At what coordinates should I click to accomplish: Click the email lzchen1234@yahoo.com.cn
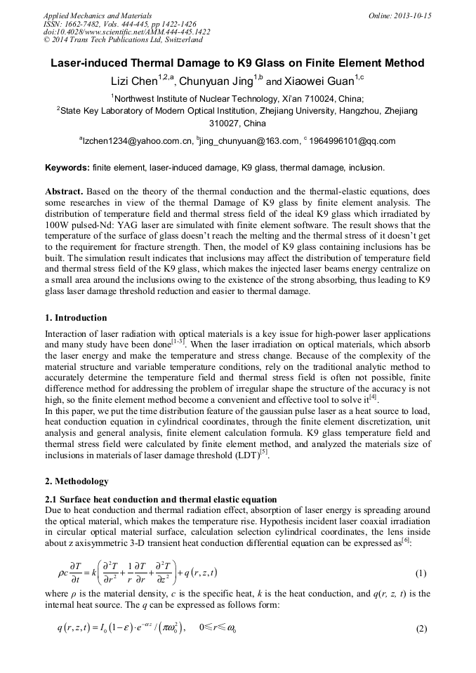point(138,141)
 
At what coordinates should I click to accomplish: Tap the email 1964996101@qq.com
point(352,141)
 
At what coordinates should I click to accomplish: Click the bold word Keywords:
point(67,168)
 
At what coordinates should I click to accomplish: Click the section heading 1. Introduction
point(76,318)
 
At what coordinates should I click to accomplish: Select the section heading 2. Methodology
point(77,481)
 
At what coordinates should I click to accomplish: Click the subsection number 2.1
point(51,499)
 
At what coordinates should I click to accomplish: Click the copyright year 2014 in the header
point(61,41)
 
